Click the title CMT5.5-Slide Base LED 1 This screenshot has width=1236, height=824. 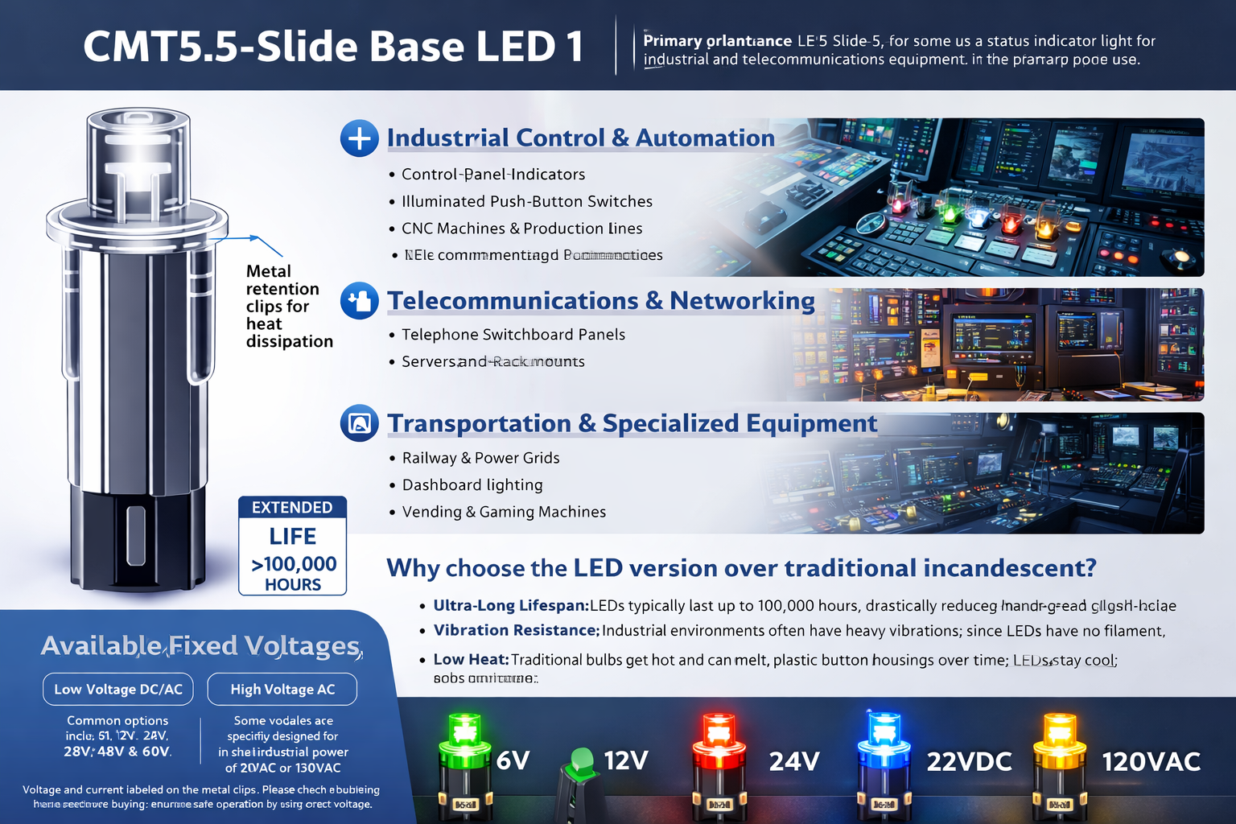333,47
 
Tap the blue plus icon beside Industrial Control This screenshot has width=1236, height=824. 359,138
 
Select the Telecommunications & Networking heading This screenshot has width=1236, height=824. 600,301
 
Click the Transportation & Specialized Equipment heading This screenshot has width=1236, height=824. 632,423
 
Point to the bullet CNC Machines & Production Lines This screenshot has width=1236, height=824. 521,229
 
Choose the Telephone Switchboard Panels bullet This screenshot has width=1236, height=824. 513,335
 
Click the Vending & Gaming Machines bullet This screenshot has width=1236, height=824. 504,512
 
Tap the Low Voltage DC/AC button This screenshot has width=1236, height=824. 118,689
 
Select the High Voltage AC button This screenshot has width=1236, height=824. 282,689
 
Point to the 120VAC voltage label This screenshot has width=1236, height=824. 1151,761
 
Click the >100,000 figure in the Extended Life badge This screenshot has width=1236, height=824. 294,564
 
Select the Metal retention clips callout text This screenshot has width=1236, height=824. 288,307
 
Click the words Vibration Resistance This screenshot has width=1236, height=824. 516,631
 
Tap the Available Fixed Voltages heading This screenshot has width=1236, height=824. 201,646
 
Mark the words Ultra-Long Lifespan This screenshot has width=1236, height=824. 510,606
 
